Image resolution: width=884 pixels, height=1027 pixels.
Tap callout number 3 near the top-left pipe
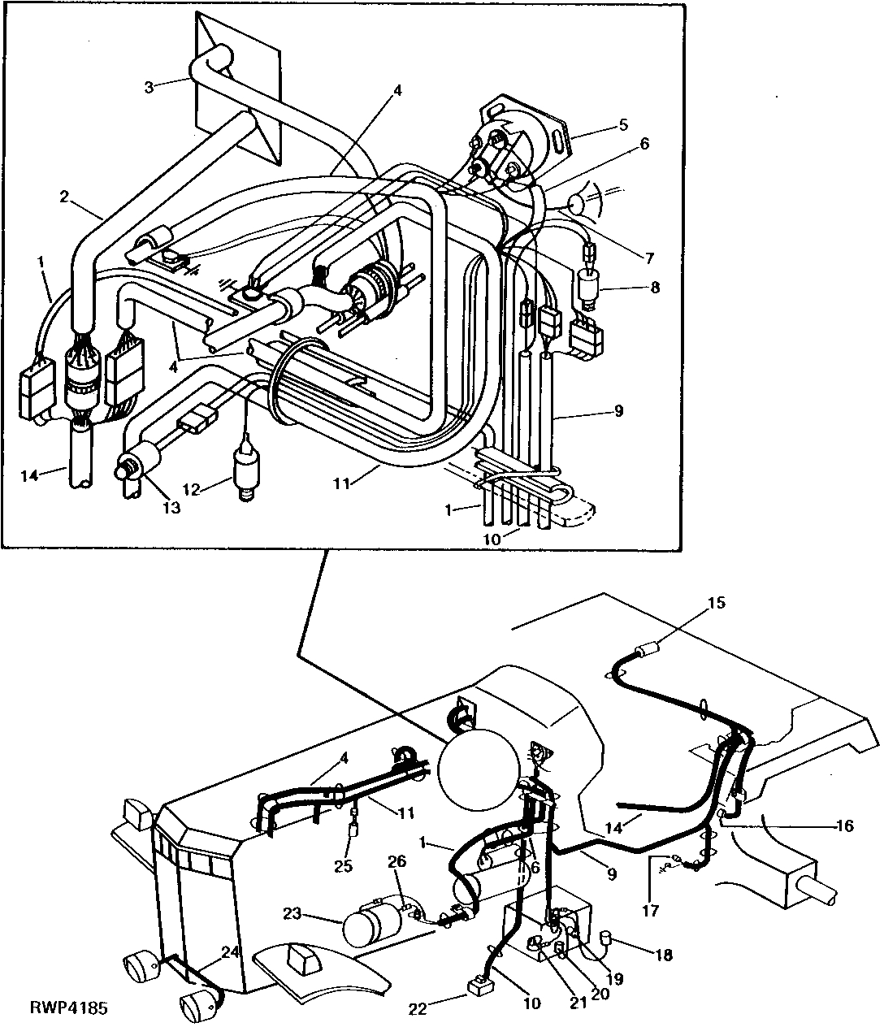tap(148, 87)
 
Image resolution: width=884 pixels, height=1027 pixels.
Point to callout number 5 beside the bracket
tap(623, 125)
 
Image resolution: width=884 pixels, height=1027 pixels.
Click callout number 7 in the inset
tap(649, 258)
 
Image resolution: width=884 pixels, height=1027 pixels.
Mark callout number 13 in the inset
tap(171, 508)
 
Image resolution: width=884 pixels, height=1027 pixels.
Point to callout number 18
tap(664, 955)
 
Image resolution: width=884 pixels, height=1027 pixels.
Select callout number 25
tap(344, 866)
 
